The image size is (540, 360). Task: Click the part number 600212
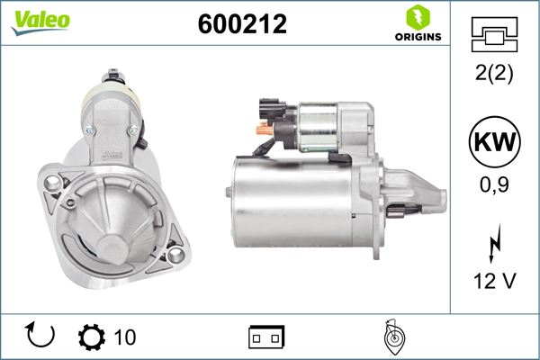tap(241, 24)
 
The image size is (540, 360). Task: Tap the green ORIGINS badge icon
tap(417, 17)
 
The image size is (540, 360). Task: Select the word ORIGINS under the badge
tap(417, 37)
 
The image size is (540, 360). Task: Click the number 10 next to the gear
tap(125, 337)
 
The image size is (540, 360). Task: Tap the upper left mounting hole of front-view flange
tap(51, 184)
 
